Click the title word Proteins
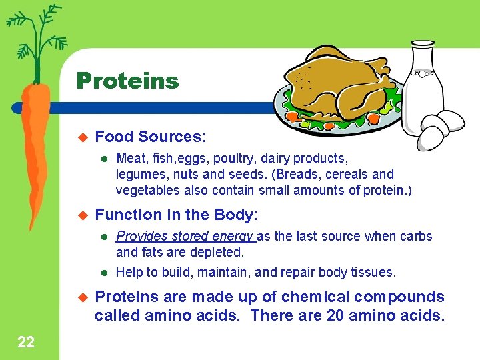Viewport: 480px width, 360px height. (127, 81)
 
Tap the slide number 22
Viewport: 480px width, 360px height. (26, 343)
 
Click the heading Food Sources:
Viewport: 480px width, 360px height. (151, 137)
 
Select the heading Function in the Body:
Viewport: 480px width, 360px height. (177, 215)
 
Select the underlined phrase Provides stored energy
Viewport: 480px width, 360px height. (185, 236)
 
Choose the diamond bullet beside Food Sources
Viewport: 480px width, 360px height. (83, 137)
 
